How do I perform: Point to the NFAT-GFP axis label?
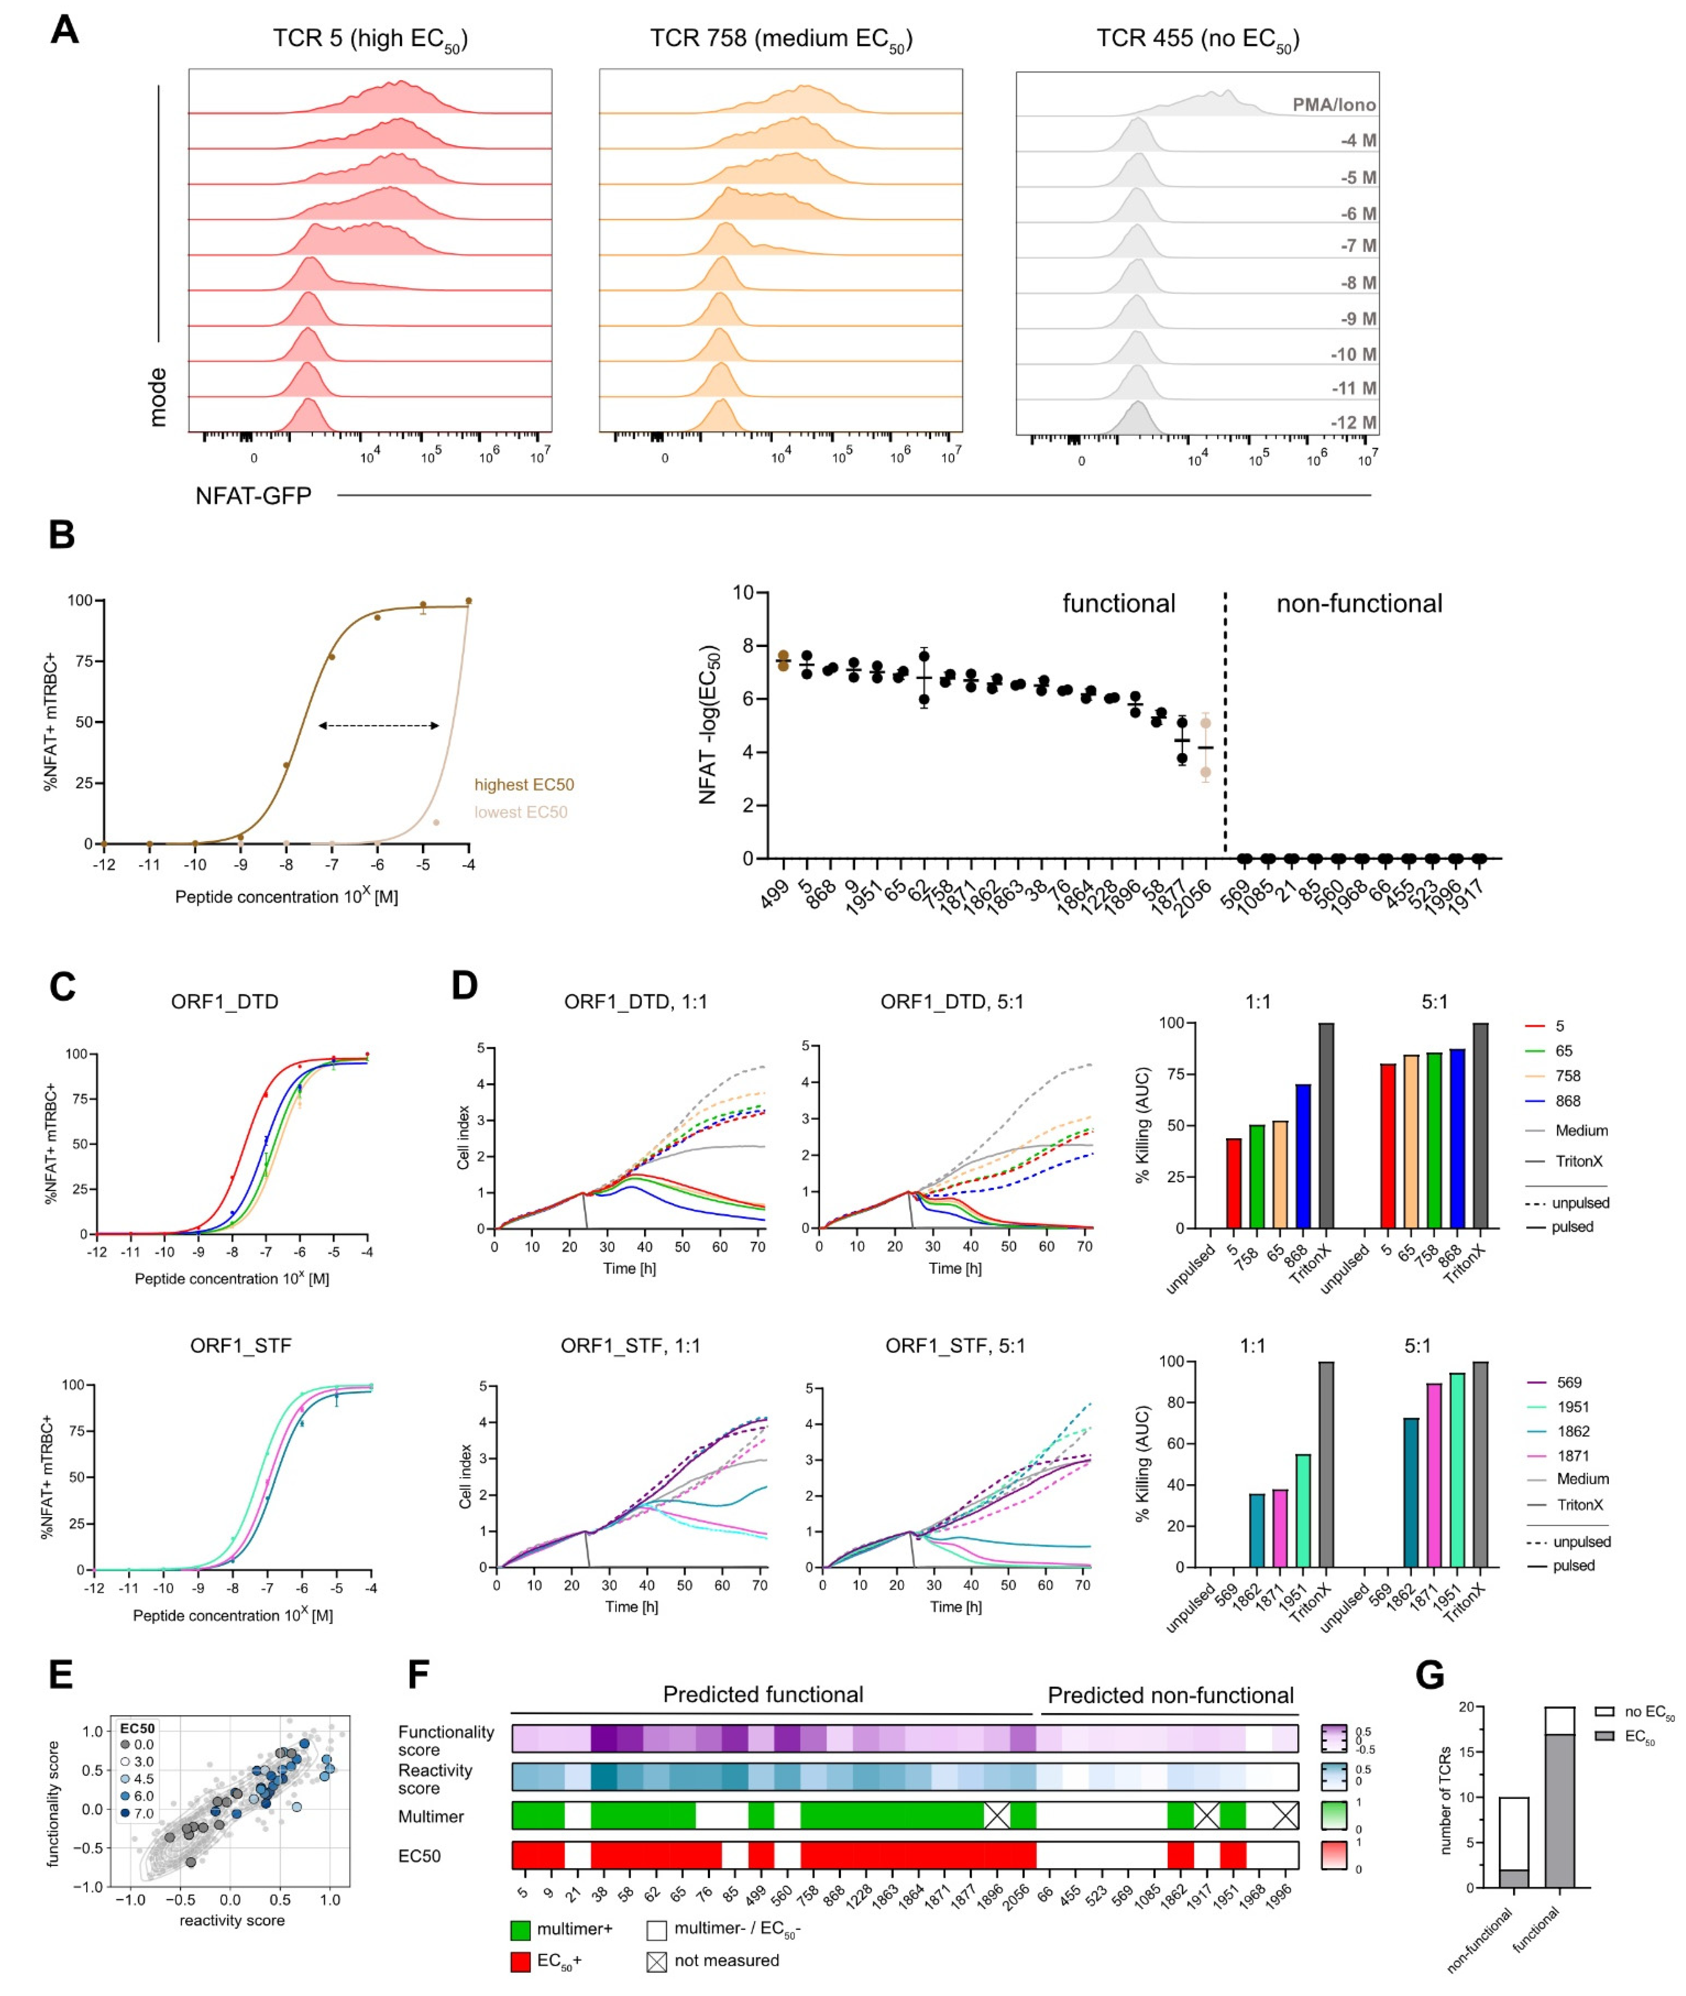pyautogui.click(x=253, y=495)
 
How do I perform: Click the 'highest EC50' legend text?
pyautogui.click(x=524, y=785)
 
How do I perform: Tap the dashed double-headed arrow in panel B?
pyautogui.click(x=379, y=726)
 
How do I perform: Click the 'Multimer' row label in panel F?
pyautogui.click(x=431, y=1816)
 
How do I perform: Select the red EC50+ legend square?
pyautogui.click(x=520, y=1962)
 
